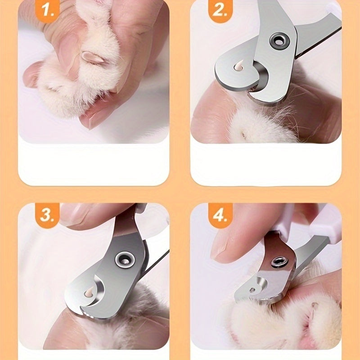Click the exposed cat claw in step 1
pyautogui.click(x=92, y=57)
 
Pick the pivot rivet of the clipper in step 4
pyautogui.click(x=281, y=262)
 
